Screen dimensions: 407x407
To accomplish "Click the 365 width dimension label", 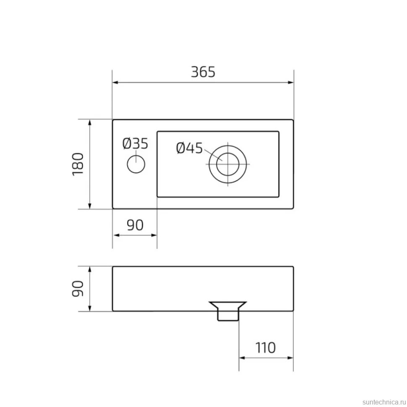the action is (203, 72).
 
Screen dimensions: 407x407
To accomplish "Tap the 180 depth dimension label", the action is (78, 164).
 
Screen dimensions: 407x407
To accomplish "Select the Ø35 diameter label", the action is (135, 143).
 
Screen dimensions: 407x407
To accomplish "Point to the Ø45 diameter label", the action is (189, 148).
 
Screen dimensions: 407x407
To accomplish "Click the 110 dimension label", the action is (265, 348).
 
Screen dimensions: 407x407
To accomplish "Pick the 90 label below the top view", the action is (135, 225).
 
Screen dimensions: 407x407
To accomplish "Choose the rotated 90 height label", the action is (78, 288).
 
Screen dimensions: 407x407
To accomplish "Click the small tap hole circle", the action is (136, 164).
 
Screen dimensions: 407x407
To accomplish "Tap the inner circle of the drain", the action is (228, 164).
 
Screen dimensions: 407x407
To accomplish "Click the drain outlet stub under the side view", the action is (228, 316).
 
